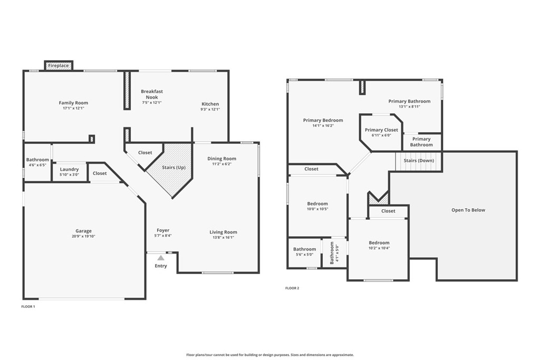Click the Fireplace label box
[59, 65]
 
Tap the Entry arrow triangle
[161, 257]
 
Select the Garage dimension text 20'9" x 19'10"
[84, 237]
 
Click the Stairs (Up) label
[173, 167]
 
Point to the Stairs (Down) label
[419, 160]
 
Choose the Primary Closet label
[381, 130]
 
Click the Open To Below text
[468, 210]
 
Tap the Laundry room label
[69, 169]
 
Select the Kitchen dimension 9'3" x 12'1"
[210, 110]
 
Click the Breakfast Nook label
[152, 94]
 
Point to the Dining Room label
[222, 159]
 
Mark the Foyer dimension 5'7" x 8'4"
[163, 236]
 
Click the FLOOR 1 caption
[28, 306]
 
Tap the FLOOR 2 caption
[292, 288]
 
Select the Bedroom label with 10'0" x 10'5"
[317, 204]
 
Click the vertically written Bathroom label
[332, 252]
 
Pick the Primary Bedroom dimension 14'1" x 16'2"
[323, 125]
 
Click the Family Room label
[73, 103]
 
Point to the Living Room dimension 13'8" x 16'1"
[223, 238]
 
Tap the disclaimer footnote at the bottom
[270, 355]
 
